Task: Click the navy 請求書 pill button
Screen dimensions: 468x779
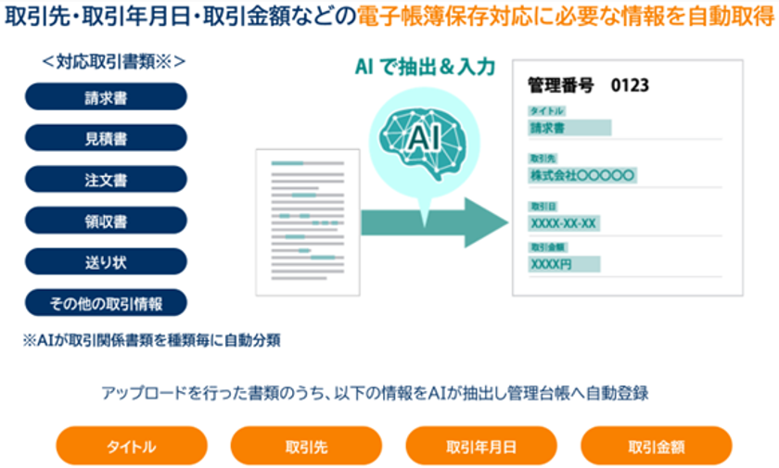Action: (106, 96)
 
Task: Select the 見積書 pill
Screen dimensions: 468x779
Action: (106, 138)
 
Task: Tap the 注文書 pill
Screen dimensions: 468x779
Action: (106, 180)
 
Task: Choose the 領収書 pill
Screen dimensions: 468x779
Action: (106, 221)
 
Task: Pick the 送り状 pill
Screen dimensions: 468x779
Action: (106, 261)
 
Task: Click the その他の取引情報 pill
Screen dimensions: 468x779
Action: (106, 303)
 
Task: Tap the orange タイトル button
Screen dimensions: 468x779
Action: (131, 446)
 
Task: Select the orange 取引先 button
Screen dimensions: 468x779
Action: (305, 446)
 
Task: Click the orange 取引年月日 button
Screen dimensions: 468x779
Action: (481, 446)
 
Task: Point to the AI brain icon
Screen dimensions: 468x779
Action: (423, 135)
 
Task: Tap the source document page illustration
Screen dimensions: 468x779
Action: (307, 223)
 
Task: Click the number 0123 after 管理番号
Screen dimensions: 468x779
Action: (630, 86)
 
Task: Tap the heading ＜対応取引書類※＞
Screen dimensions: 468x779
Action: (113, 62)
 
